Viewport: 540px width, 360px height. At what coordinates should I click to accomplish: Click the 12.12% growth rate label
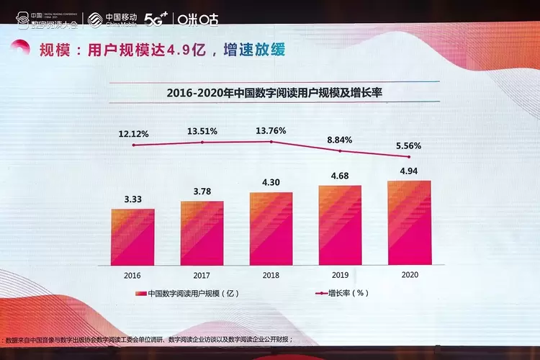[134, 133]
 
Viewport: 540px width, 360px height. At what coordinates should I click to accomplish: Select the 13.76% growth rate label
[271, 130]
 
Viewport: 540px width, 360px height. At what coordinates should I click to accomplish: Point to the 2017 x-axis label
[202, 274]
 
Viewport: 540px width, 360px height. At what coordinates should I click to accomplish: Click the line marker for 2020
[410, 157]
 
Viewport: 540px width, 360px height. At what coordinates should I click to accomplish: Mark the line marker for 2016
[132, 145]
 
